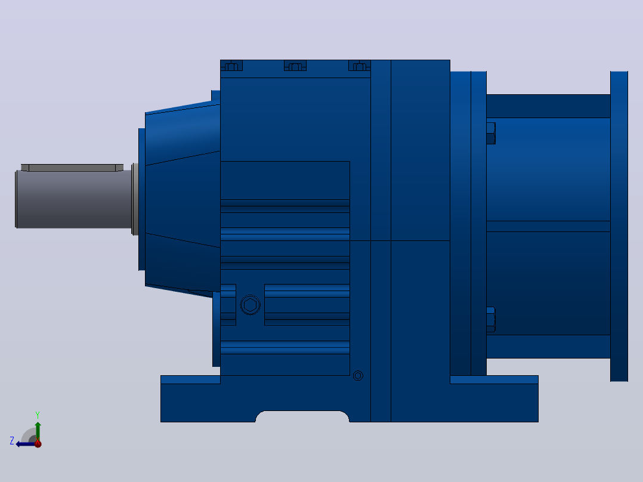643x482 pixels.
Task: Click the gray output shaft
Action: [74, 199]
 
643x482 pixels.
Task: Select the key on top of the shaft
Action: [72, 168]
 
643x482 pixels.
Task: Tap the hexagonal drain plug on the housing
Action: [250, 305]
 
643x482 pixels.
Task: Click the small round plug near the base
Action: [358, 376]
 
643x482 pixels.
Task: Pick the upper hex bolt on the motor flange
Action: [491, 133]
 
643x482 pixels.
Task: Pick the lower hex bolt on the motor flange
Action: [491, 319]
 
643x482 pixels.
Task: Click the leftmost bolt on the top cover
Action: [231, 66]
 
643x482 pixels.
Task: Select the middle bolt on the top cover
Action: [295, 66]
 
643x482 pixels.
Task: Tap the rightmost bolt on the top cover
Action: [359, 66]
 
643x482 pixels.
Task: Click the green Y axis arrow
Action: [38, 431]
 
